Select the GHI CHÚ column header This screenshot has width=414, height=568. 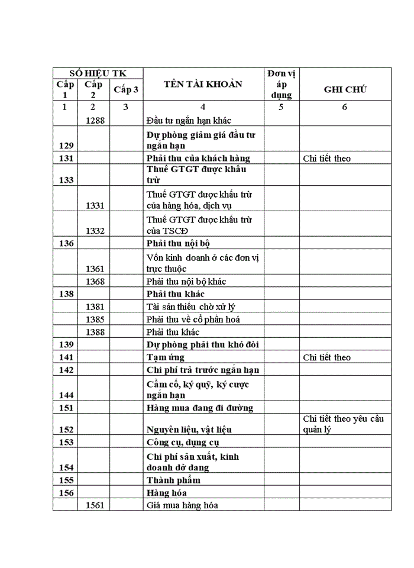[345, 90]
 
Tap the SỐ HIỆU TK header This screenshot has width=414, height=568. [98, 73]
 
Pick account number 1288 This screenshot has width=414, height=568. [95, 120]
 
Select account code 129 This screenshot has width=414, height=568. [66, 146]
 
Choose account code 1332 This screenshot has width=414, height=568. [95, 230]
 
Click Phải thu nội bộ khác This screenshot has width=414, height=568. [186, 282]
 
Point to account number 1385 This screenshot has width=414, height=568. [95, 319]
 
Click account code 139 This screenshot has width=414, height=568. [66, 345]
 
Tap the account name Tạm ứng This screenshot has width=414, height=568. [165, 357]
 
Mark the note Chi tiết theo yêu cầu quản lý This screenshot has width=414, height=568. [344, 424]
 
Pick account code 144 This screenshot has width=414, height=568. [66, 395]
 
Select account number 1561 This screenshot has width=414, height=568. [95, 505]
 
